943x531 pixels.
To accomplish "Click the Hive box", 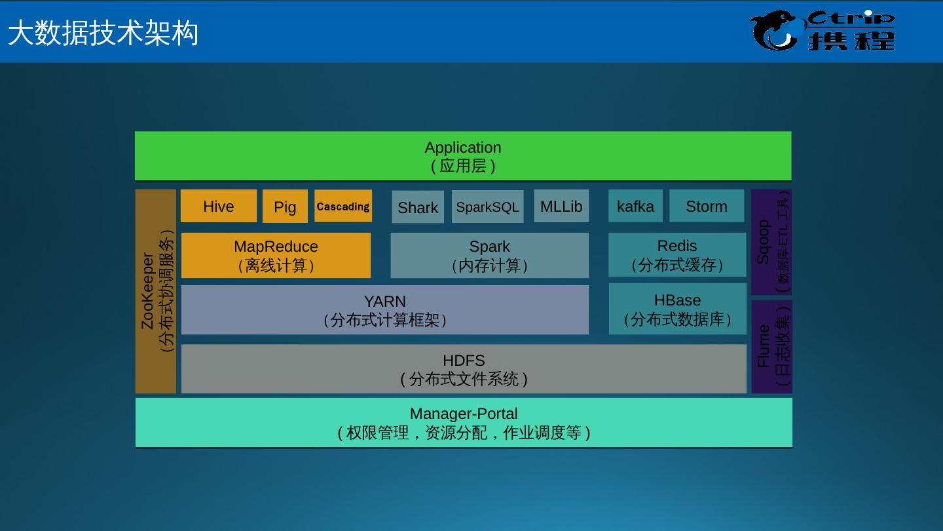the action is point(219,206).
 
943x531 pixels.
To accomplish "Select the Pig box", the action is point(285,207).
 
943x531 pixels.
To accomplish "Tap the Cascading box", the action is point(343,206).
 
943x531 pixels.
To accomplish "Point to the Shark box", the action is point(418,208).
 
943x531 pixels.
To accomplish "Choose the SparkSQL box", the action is point(487,207).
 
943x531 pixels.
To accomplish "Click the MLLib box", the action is point(561,206).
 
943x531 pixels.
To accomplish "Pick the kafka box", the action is point(635,206).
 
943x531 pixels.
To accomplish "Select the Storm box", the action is point(707,206).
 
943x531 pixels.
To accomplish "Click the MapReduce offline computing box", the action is point(276,256).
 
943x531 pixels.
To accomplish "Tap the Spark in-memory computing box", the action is point(490,256).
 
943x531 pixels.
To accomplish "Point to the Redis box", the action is point(677,255).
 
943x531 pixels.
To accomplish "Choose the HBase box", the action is point(677,309).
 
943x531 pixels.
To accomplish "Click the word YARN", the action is point(385,302).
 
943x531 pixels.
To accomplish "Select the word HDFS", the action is point(464,361).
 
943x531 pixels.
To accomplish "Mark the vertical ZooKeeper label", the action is point(148,292).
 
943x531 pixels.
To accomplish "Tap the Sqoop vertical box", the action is point(771,243).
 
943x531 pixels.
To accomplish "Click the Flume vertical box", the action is point(771,347).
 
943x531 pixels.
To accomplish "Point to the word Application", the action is point(463,147).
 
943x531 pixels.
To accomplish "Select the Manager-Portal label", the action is point(464,414).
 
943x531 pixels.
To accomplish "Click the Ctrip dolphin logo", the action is point(775,31).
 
